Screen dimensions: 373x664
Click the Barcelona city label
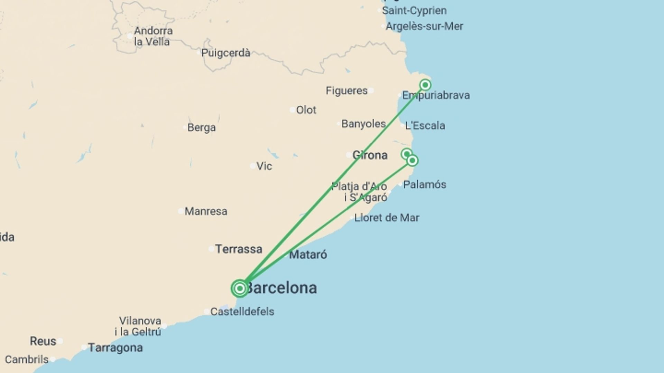[x=281, y=288]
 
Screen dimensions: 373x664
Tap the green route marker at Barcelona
[x=240, y=288]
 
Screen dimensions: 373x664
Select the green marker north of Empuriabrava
[x=425, y=85]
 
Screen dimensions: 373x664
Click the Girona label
[x=370, y=155]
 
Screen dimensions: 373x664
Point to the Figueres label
[x=347, y=91]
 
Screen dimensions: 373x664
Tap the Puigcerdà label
[x=225, y=53]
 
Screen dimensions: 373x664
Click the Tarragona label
[x=115, y=347]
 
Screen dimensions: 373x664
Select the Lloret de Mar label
[x=387, y=218]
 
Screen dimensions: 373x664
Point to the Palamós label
[x=424, y=185]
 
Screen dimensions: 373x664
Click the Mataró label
[x=308, y=255]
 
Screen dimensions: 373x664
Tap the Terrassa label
[x=239, y=249]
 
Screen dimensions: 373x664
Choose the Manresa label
[x=206, y=211]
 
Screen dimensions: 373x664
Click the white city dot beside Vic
[x=253, y=166]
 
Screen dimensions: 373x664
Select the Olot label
[x=306, y=110]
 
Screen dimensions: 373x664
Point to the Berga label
[x=201, y=128]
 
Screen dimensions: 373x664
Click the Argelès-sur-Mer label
[x=424, y=26]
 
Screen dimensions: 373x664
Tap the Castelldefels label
[x=242, y=312]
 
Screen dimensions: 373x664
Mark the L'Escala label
[x=425, y=126]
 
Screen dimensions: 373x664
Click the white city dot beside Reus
[x=60, y=341]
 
